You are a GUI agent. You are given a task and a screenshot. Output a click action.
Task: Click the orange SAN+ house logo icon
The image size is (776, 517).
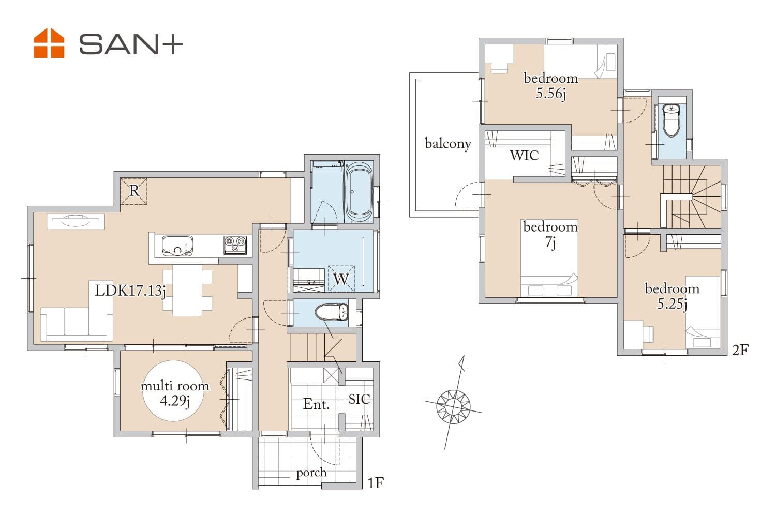pos(49,43)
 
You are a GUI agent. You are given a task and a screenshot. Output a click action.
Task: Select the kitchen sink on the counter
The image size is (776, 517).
pos(177,246)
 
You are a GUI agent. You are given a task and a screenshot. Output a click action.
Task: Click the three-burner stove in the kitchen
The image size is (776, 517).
pos(235,245)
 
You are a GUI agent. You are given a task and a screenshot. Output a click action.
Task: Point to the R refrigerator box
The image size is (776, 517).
pos(133,191)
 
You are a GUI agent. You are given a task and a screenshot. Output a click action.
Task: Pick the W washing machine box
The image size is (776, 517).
pos(341,279)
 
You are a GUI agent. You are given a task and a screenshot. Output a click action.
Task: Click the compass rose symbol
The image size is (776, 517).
pos(454,404)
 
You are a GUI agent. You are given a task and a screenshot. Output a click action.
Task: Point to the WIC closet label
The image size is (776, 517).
pos(524,156)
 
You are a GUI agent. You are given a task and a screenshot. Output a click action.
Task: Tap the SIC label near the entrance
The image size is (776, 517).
pos(359,399)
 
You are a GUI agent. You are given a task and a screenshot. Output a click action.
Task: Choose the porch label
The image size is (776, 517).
pos(311,473)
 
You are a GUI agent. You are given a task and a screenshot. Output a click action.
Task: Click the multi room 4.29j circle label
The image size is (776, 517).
pos(174,391)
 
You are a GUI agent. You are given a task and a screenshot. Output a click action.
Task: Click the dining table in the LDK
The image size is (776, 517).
pos(187,290)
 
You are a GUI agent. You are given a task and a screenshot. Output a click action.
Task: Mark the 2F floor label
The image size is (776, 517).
pos(740,351)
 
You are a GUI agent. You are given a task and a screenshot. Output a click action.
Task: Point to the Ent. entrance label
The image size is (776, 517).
pos(316,404)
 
